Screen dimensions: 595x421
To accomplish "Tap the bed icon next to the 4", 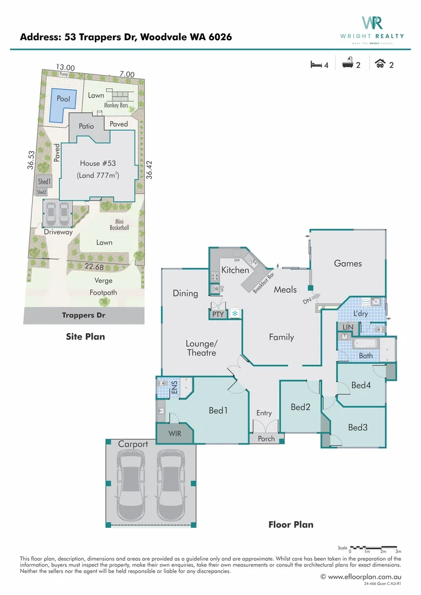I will tap(316, 64).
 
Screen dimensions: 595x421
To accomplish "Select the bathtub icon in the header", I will tap(347, 64).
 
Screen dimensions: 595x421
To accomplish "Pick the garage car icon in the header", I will tap(380, 64).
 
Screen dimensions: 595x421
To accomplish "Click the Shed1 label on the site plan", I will tap(44, 182).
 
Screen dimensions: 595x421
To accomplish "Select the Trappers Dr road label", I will tap(83, 316).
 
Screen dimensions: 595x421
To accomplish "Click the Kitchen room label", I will tap(235, 270).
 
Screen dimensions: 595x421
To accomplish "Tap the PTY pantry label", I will tap(218, 314).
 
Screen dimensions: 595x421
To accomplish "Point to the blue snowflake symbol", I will tap(235, 313).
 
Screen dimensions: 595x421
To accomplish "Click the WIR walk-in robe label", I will tap(175, 434).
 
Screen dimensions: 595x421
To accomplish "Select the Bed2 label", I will tap(301, 407).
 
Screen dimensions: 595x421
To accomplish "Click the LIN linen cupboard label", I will tap(347, 327).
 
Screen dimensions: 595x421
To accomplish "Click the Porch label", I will tap(266, 439).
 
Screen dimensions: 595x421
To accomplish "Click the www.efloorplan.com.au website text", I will tap(364, 576).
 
